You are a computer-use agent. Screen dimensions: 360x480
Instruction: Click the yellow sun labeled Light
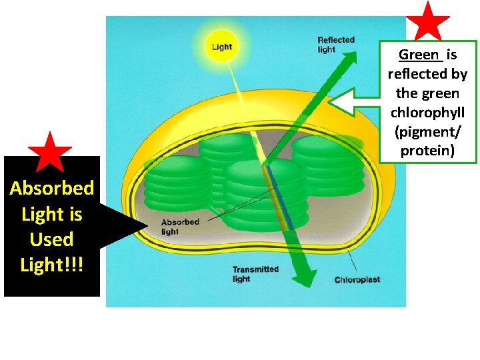tap(221, 46)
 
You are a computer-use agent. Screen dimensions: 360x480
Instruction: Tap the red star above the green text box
tap(428, 21)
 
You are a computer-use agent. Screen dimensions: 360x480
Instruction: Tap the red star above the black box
tap(50, 152)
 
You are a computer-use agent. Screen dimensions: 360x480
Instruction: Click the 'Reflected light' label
tap(336, 44)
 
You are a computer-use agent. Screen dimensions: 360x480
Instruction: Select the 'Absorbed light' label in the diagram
tap(179, 227)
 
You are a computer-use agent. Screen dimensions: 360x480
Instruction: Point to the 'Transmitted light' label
tap(255, 274)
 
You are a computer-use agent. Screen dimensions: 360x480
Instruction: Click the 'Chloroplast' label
tap(357, 280)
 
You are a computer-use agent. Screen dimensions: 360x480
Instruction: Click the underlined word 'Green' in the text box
tap(419, 55)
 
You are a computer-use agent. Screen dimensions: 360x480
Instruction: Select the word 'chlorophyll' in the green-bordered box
tap(427, 112)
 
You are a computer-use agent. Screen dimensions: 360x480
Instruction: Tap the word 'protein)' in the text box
tap(427, 151)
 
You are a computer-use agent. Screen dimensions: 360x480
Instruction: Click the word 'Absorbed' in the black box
tap(52, 188)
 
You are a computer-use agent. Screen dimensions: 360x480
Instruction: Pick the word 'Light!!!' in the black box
tap(51, 265)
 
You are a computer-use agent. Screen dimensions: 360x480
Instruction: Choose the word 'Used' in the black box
tap(51, 239)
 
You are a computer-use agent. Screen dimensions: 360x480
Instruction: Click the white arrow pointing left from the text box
tap(353, 103)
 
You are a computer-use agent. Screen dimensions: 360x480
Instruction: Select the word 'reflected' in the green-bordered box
tap(427, 74)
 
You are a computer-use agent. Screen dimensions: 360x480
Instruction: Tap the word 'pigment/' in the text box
tap(427, 131)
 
